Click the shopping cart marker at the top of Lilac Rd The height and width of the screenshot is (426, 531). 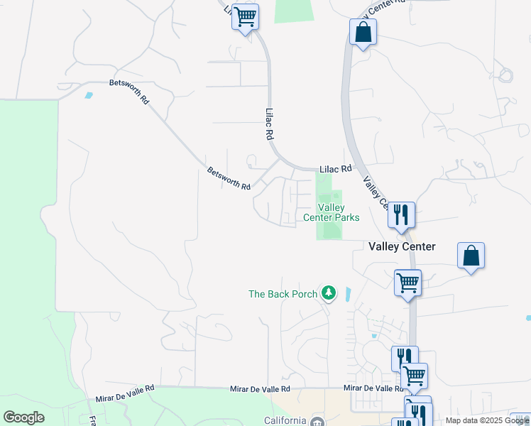(246, 17)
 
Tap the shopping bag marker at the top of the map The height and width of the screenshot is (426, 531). (363, 33)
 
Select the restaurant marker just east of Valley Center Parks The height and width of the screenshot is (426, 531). (401, 214)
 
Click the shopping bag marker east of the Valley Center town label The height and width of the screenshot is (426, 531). (471, 256)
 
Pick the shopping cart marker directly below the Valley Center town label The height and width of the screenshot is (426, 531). (407, 283)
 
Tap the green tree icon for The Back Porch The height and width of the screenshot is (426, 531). (328, 293)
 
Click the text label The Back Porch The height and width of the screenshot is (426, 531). (282, 294)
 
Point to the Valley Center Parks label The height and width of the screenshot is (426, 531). (332, 212)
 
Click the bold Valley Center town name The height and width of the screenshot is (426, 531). (402, 246)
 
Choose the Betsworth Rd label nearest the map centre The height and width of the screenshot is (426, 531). (229, 179)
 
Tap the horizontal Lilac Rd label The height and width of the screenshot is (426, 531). (335, 169)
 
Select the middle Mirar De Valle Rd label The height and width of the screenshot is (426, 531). (260, 389)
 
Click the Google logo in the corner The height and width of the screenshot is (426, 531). (23, 417)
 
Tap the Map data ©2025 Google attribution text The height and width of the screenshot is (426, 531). (486, 420)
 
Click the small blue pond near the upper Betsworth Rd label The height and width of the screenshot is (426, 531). (88, 94)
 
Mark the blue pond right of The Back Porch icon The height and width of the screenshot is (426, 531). (347, 293)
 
